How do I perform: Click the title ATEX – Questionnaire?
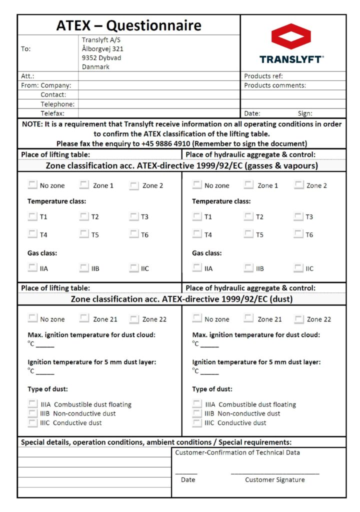(x=128, y=25)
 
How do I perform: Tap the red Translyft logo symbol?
(x=291, y=36)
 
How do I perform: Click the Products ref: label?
(x=263, y=76)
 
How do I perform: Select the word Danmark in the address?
(x=95, y=67)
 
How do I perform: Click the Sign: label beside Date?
(x=308, y=113)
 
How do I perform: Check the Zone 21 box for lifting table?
(x=84, y=318)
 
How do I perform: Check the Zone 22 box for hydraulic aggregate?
(x=299, y=318)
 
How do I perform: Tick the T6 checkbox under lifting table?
(x=133, y=234)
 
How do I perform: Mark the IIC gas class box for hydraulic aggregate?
(x=298, y=268)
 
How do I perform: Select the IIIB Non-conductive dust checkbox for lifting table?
(x=32, y=413)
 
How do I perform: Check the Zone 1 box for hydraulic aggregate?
(x=248, y=185)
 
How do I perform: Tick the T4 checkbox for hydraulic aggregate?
(x=197, y=234)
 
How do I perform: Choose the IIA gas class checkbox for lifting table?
(x=32, y=268)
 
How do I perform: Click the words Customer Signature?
(x=274, y=480)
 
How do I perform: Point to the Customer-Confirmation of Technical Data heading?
(x=237, y=453)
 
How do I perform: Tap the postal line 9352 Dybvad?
(x=101, y=58)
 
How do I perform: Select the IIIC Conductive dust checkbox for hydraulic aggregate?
(x=197, y=422)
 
